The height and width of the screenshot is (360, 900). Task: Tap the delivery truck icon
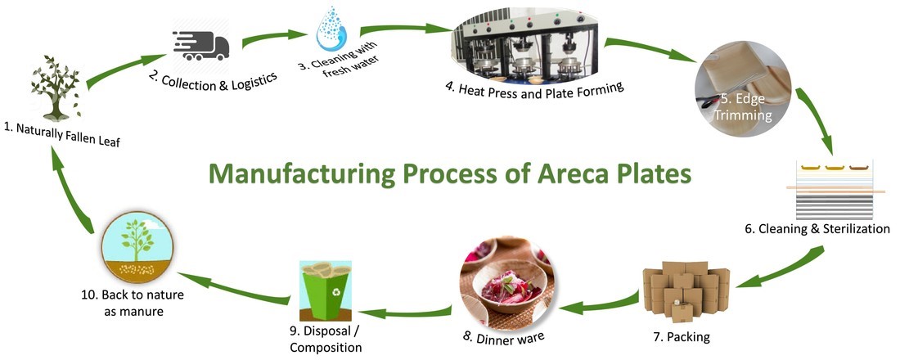(200, 44)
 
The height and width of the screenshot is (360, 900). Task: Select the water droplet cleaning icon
(332, 29)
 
